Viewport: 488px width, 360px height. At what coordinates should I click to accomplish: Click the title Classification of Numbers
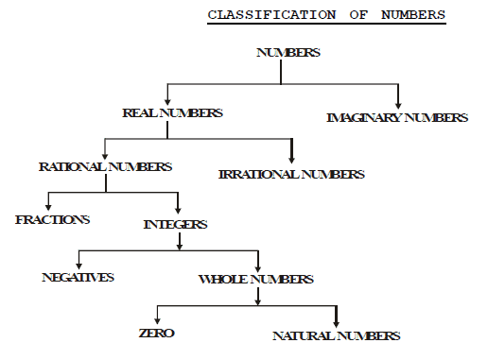[327, 16]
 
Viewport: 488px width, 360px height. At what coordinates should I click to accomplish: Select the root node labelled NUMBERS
[288, 53]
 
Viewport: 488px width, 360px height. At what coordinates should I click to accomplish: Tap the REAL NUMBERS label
[172, 112]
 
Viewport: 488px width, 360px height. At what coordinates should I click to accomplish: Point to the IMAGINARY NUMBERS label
[396, 118]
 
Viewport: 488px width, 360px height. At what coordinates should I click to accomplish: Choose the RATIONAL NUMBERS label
[105, 166]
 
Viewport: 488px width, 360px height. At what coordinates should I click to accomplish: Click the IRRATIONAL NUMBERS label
[290, 175]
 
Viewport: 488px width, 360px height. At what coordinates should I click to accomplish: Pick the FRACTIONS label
[53, 219]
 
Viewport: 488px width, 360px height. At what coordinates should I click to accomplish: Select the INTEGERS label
[175, 225]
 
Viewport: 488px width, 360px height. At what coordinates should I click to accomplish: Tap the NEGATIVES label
[78, 277]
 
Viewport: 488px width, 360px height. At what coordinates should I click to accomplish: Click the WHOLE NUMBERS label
[256, 280]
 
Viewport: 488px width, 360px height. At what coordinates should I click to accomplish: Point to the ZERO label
[156, 334]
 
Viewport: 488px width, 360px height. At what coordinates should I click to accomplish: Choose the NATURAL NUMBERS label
[336, 335]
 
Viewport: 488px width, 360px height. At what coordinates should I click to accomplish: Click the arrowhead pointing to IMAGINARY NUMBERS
[398, 102]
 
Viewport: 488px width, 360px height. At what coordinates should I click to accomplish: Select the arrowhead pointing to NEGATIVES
[78, 266]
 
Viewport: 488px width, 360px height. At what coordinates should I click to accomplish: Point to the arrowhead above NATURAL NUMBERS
[336, 321]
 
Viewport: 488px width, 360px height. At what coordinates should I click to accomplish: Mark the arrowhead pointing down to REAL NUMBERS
[168, 100]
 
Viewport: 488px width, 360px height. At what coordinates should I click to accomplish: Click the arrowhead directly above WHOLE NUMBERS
[257, 268]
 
